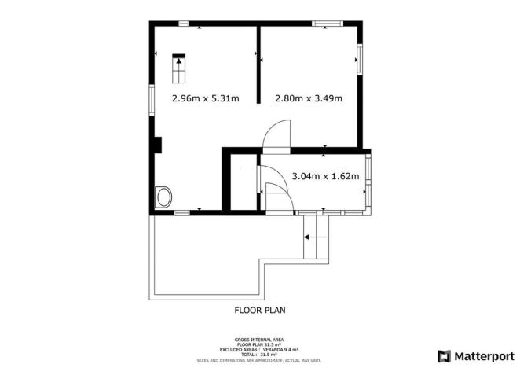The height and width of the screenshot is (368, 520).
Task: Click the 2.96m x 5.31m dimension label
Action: (x=206, y=99)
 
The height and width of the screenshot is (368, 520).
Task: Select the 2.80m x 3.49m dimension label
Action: (x=308, y=99)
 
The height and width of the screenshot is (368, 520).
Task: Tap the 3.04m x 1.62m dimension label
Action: (x=325, y=176)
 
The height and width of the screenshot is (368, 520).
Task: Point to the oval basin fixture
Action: (x=164, y=197)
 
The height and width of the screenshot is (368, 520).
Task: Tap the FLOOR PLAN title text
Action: (x=260, y=310)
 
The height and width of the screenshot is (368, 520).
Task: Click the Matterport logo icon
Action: (x=445, y=355)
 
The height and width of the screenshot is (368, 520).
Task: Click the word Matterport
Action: (x=482, y=355)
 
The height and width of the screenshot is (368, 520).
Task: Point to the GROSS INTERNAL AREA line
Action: (x=259, y=340)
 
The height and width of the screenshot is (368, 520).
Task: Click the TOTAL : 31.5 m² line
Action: (x=259, y=354)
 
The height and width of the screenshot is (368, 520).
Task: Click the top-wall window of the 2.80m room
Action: (x=325, y=24)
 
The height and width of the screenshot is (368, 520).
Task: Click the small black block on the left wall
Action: (x=158, y=145)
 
